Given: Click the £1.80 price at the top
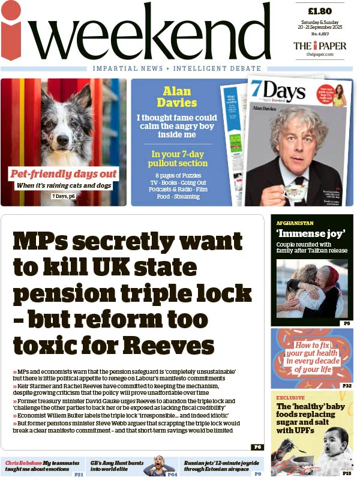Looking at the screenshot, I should point(319,11).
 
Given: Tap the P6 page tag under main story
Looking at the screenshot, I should point(257,447).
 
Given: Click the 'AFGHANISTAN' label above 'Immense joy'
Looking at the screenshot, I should point(295,223).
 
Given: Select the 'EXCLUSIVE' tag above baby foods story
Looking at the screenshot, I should point(290,397).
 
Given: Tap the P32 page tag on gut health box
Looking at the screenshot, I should point(347,386).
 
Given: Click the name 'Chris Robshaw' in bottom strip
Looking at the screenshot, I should point(23,463).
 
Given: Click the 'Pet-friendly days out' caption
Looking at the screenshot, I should point(64,174).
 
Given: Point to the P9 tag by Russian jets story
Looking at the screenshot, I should point(257,474).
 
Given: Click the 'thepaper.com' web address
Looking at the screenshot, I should point(319,55).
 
